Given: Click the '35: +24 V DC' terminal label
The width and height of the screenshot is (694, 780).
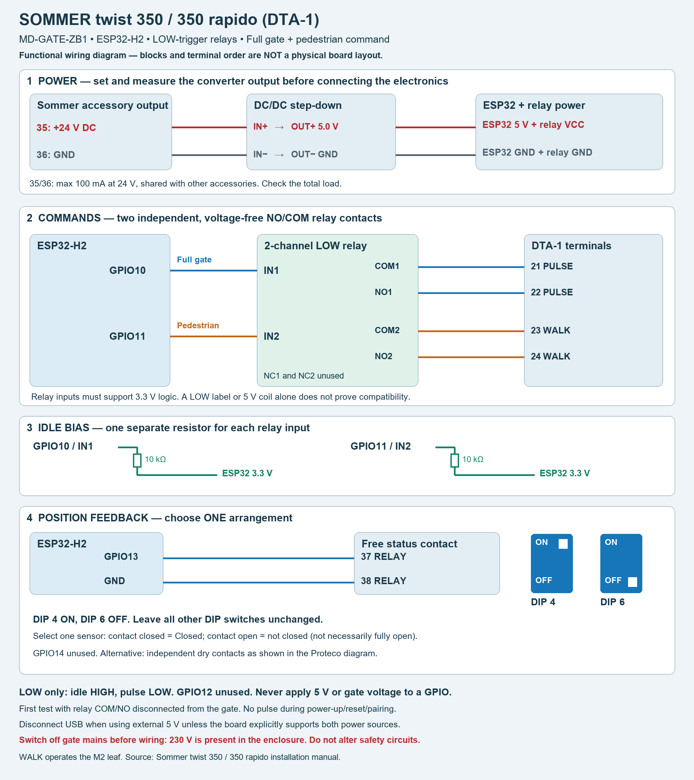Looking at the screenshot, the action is (x=66, y=128).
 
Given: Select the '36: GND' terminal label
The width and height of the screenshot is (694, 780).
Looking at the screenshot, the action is (x=56, y=155).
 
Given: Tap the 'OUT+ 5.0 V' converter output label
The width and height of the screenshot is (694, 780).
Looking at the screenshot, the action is (x=315, y=127).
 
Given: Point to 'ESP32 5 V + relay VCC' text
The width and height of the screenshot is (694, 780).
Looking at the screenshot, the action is (x=533, y=125).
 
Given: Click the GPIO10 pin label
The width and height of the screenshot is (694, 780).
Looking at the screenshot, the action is (x=128, y=270).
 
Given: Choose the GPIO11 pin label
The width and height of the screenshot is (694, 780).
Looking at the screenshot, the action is (x=128, y=336).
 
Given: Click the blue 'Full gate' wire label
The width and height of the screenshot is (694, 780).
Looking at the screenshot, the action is (x=194, y=260).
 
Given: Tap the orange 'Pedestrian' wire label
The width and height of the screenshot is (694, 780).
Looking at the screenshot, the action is (x=198, y=326).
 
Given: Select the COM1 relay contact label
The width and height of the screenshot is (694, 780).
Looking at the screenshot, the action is (x=387, y=266).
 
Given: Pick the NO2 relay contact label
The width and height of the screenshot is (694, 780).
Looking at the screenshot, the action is (x=383, y=356).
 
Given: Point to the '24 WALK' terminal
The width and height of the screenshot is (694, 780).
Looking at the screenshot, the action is (x=550, y=356).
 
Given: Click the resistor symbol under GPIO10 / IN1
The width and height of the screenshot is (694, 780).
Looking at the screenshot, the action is (x=137, y=460).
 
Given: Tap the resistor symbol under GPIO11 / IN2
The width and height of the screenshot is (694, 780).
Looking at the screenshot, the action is (x=455, y=460).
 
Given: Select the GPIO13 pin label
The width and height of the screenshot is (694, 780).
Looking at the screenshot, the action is (x=121, y=557).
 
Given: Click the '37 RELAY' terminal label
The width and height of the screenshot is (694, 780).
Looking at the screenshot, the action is (x=383, y=557).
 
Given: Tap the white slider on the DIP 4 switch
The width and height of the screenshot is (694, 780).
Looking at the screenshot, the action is (x=563, y=544).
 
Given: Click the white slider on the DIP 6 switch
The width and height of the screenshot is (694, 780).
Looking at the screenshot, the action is (x=633, y=582).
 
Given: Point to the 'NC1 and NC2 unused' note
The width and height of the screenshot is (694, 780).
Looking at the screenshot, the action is (x=304, y=376).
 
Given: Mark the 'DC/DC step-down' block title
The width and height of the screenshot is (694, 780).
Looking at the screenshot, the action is (x=298, y=105).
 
